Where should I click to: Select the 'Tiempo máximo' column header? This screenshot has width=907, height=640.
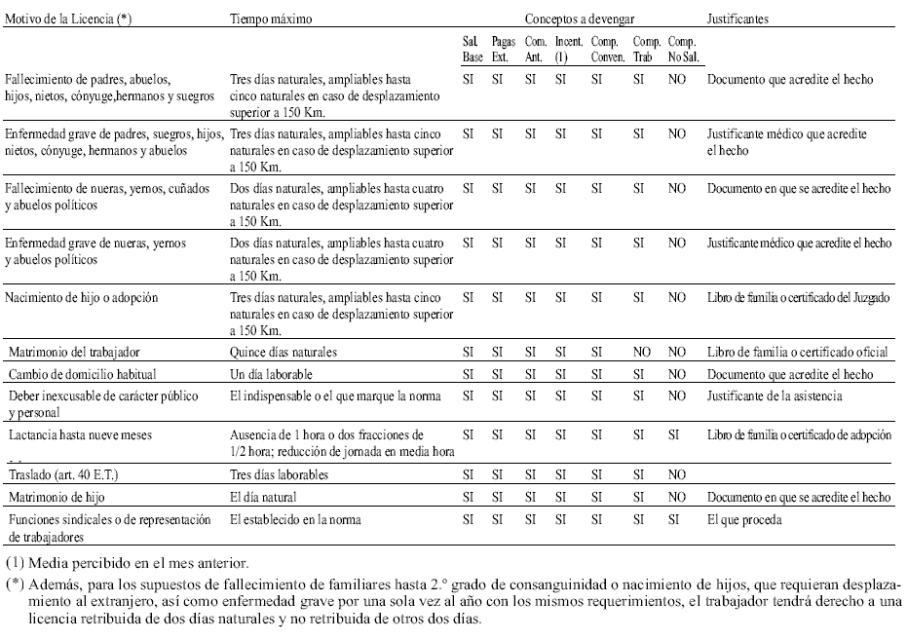click(x=268, y=19)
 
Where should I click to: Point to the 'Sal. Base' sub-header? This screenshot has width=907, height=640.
click(x=472, y=50)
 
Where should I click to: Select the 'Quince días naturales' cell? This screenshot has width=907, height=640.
click(x=284, y=352)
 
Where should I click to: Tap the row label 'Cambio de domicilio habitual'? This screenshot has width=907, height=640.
click(x=83, y=374)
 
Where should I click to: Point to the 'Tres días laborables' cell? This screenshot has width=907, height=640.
click(x=279, y=475)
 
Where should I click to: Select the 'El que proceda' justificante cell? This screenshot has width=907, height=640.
click(x=745, y=520)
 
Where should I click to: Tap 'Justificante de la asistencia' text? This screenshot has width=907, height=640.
click(x=775, y=396)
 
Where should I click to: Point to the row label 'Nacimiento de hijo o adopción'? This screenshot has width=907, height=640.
click(x=82, y=297)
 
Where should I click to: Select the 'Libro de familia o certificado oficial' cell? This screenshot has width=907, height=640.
click(x=798, y=352)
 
